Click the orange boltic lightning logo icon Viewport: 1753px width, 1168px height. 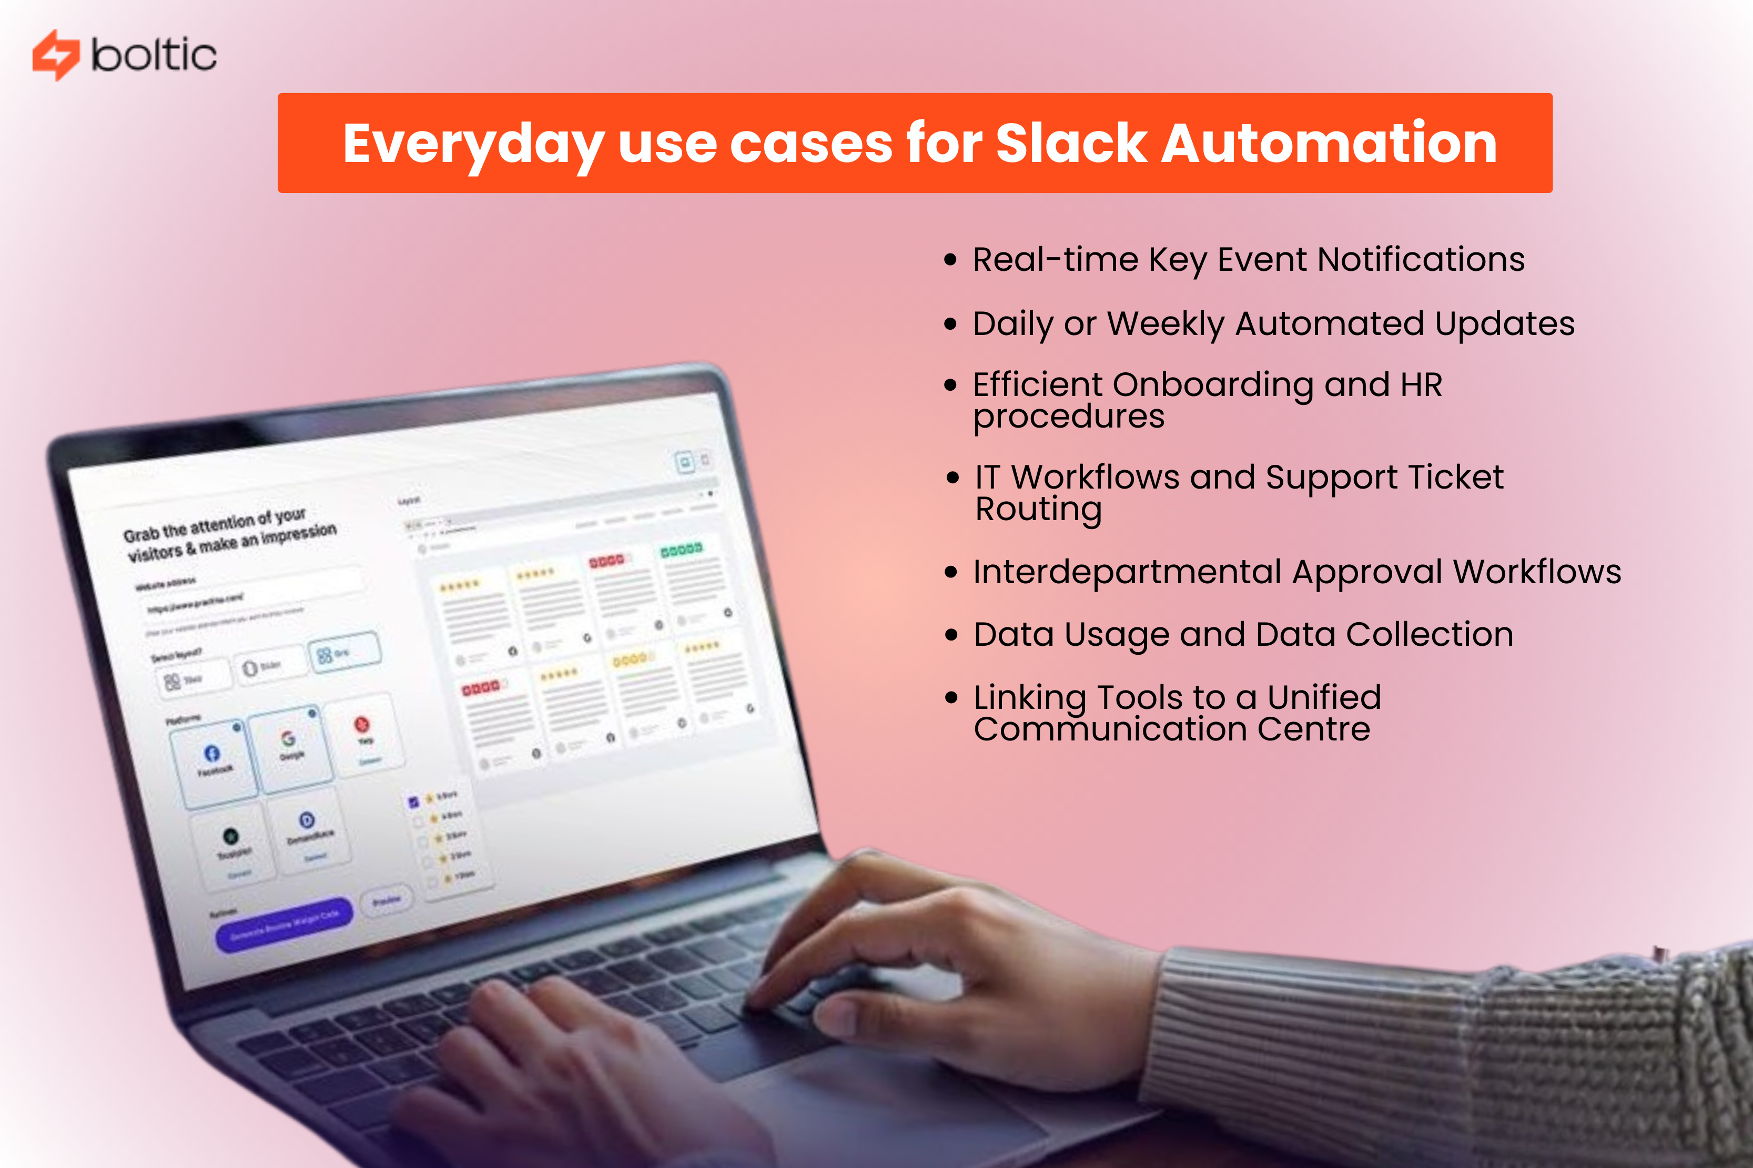55,54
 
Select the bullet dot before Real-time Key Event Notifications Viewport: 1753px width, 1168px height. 949,260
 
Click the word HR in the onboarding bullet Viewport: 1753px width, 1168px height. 1421,385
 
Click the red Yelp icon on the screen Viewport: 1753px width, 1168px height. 361,723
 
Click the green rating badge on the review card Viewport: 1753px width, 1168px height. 681,549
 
